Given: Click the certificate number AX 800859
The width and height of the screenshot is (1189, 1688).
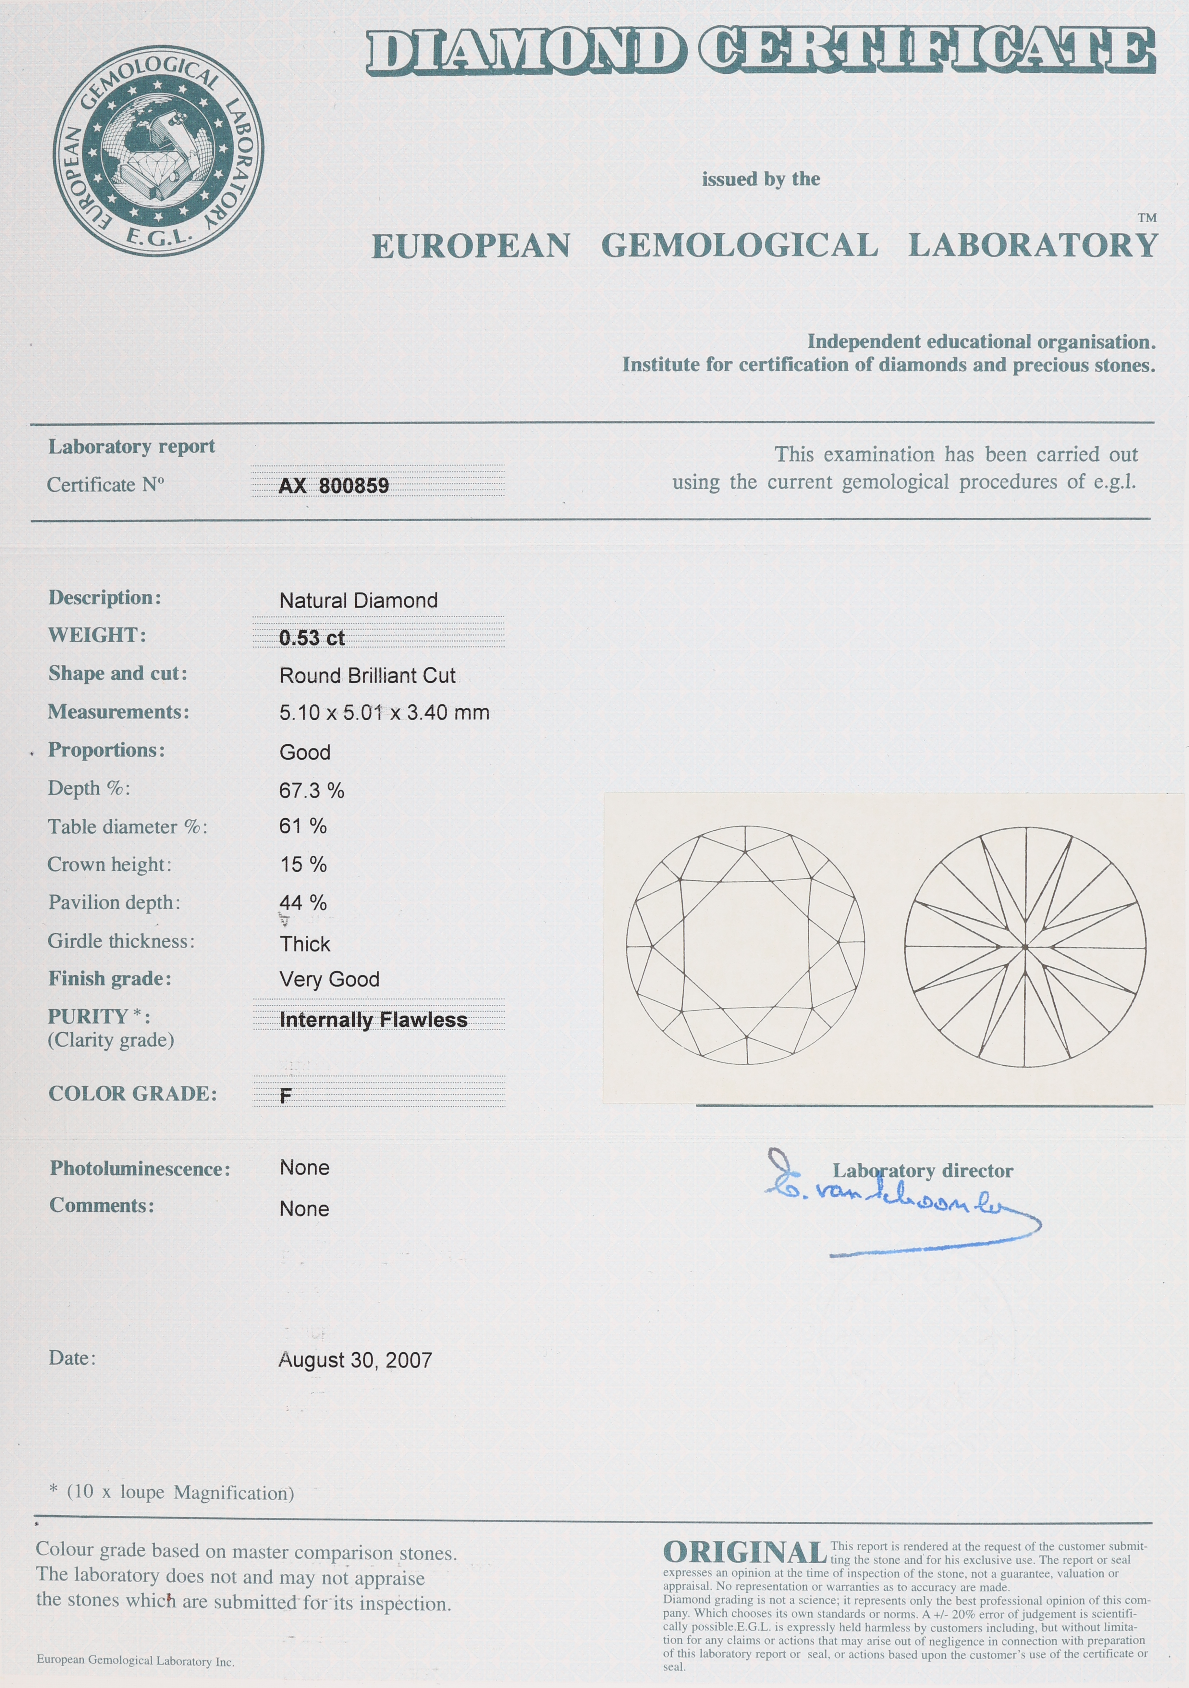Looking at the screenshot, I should (x=334, y=485).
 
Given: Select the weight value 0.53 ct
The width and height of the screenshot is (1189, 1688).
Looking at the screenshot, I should (x=312, y=638).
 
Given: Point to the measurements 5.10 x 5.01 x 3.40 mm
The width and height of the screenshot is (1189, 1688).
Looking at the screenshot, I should (x=384, y=713).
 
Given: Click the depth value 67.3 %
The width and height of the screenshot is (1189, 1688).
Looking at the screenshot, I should (x=312, y=790).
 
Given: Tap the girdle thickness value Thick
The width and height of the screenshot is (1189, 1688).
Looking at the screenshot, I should (x=304, y=944).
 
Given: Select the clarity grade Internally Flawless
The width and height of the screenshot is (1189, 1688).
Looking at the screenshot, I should (x=373, y=1020).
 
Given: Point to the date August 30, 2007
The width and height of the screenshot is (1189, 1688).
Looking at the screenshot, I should (x=355, y=1360).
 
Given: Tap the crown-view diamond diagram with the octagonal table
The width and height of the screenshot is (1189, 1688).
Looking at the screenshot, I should (x=745, y=945).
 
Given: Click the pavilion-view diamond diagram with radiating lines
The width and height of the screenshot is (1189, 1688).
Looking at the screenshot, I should (x=1025, y=947).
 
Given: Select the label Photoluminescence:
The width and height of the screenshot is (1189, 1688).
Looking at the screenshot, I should (x=140, y=1169).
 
